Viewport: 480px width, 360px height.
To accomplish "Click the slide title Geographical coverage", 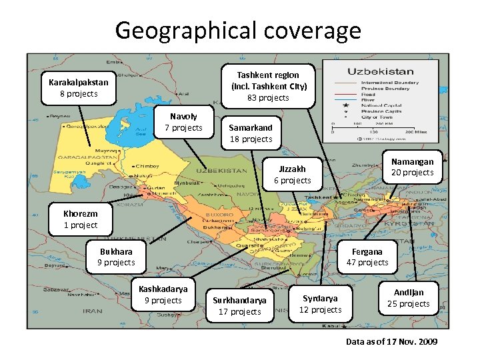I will tap(238, 30).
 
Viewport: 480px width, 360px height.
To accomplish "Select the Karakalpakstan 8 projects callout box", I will tap(78, 88).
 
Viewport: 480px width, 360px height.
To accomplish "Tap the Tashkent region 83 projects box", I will tap(269, 86).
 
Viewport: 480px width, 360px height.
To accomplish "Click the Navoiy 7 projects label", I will tap(183, 122).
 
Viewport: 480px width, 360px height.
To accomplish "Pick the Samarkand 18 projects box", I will tap(251, 133).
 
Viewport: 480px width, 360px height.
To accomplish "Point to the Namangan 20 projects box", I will tap(412, 167).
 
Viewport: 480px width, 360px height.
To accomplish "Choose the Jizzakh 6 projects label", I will tap(293, 175).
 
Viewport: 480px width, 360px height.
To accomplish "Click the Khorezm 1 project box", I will tap(80, 219).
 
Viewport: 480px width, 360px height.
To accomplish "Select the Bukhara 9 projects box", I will tap(116, 257).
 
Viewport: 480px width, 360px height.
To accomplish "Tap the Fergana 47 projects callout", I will tap(367, 257).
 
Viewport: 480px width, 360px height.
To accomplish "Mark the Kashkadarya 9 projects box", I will tap(163, 295).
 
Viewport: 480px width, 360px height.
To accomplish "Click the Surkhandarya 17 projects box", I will tap(241, 306).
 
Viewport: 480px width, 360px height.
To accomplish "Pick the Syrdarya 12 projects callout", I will tap(320, 304).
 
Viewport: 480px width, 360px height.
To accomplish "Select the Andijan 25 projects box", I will tap(409, 298).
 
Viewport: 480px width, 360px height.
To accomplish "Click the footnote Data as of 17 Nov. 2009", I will tap(391, 342).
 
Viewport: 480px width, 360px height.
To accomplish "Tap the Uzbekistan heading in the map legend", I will tap(380, 71).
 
